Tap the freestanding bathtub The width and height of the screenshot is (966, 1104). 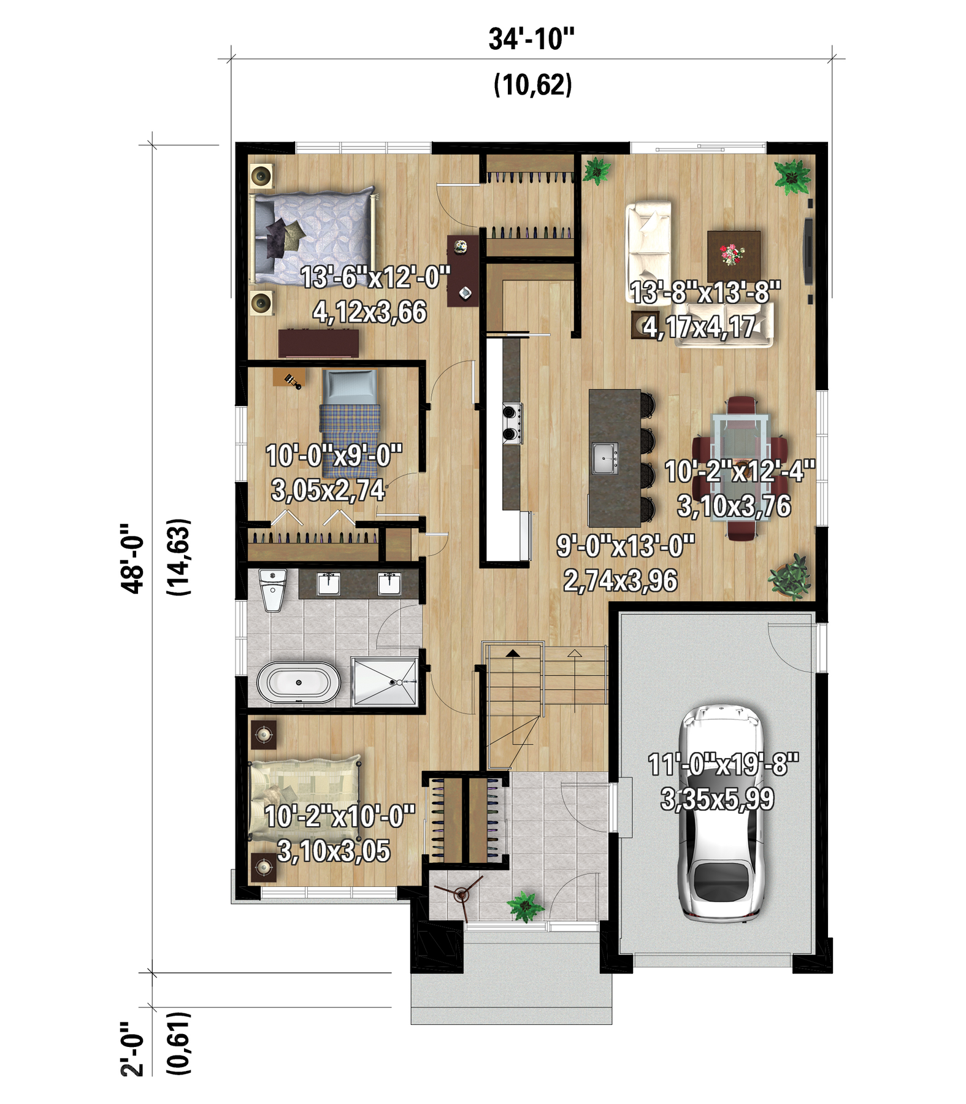[x=298, y=683]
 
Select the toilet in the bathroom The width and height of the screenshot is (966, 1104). [x=273, y=589]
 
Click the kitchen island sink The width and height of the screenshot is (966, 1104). [x=605, y=458]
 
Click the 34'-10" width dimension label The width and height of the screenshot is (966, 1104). [x=531, y=39]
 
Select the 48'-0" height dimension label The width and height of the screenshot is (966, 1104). [x=133, y=558]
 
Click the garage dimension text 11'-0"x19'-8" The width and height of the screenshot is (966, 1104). [x=724, y=765]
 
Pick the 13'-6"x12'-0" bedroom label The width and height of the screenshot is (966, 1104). [x=375, y=277]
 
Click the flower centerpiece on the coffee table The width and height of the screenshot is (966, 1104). [x=732, y=254]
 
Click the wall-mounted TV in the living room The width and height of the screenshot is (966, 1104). [x=810, y=251]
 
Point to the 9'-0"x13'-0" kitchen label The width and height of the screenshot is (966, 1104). [x=626, y=545]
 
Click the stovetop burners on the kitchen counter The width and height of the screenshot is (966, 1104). [x=512, y=423]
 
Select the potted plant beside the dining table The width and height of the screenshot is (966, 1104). [x=791, y=576]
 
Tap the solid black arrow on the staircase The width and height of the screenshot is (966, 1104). [x=513, y=654]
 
